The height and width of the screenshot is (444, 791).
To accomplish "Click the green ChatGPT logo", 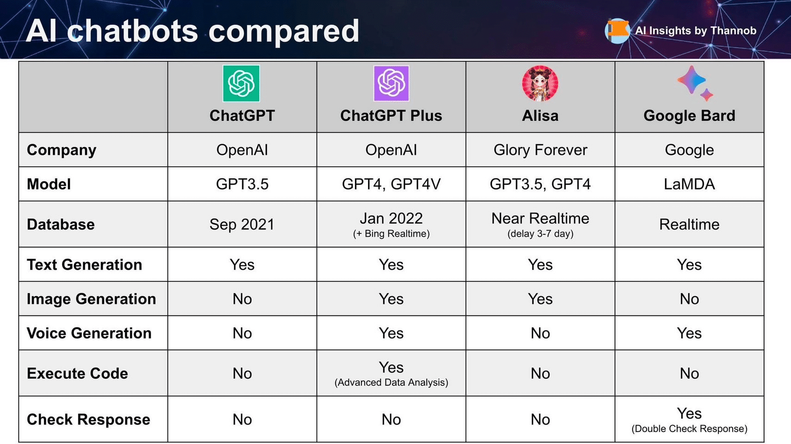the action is pyautogui.click(x=241, y=83).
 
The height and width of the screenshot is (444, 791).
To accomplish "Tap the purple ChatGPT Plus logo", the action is pyautogui.click(x=391, y=83).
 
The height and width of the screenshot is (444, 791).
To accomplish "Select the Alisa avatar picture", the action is pyautogui.click(x=540, y=83).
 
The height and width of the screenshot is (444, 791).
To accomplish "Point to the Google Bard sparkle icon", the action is pyautogui.click(x=695, y=83).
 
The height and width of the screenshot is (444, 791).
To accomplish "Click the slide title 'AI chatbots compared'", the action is pyautogui.click(x=193, y=31).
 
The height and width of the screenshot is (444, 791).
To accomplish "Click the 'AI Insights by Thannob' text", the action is pyautogui.click(x=696, y=31).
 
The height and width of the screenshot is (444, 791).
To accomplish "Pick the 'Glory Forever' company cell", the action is pyautogui.click(x=540, y=150).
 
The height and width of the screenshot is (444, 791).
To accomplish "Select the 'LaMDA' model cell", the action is pyautogui.click(x=689, y=184).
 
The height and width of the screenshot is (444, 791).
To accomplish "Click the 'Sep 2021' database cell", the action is pyautogui.click(x=242, y=224).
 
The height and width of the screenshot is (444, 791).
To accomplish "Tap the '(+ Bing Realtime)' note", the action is pyautogui.click(x=391, y=234).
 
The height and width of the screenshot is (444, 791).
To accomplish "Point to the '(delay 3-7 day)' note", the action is pyautogui.click(x=540, y=234).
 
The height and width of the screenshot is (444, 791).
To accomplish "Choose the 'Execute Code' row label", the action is pyautogui.click(x=77, y=373).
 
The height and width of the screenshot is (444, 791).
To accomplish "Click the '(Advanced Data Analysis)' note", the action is pyautogui.click(x=391, y=382).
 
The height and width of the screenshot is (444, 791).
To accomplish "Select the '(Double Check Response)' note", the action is pyautogui.click(x=689, y=428).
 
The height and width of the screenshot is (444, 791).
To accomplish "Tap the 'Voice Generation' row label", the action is pyautogui.click(x=89, y=333).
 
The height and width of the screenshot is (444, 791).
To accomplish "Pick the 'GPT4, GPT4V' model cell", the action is pyautogui.click(x=391, y=184).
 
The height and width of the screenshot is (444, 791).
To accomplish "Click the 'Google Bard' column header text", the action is pyautogui.click(x=689, y=116).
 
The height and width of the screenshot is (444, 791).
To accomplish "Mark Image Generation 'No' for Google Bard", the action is pyautogui.click(x=689, y=299).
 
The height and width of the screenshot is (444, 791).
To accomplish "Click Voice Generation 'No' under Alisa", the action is pyautogui.click(x=540, y=333).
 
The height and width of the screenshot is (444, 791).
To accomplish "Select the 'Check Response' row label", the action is pyautogui.click(x=88, y=419).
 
